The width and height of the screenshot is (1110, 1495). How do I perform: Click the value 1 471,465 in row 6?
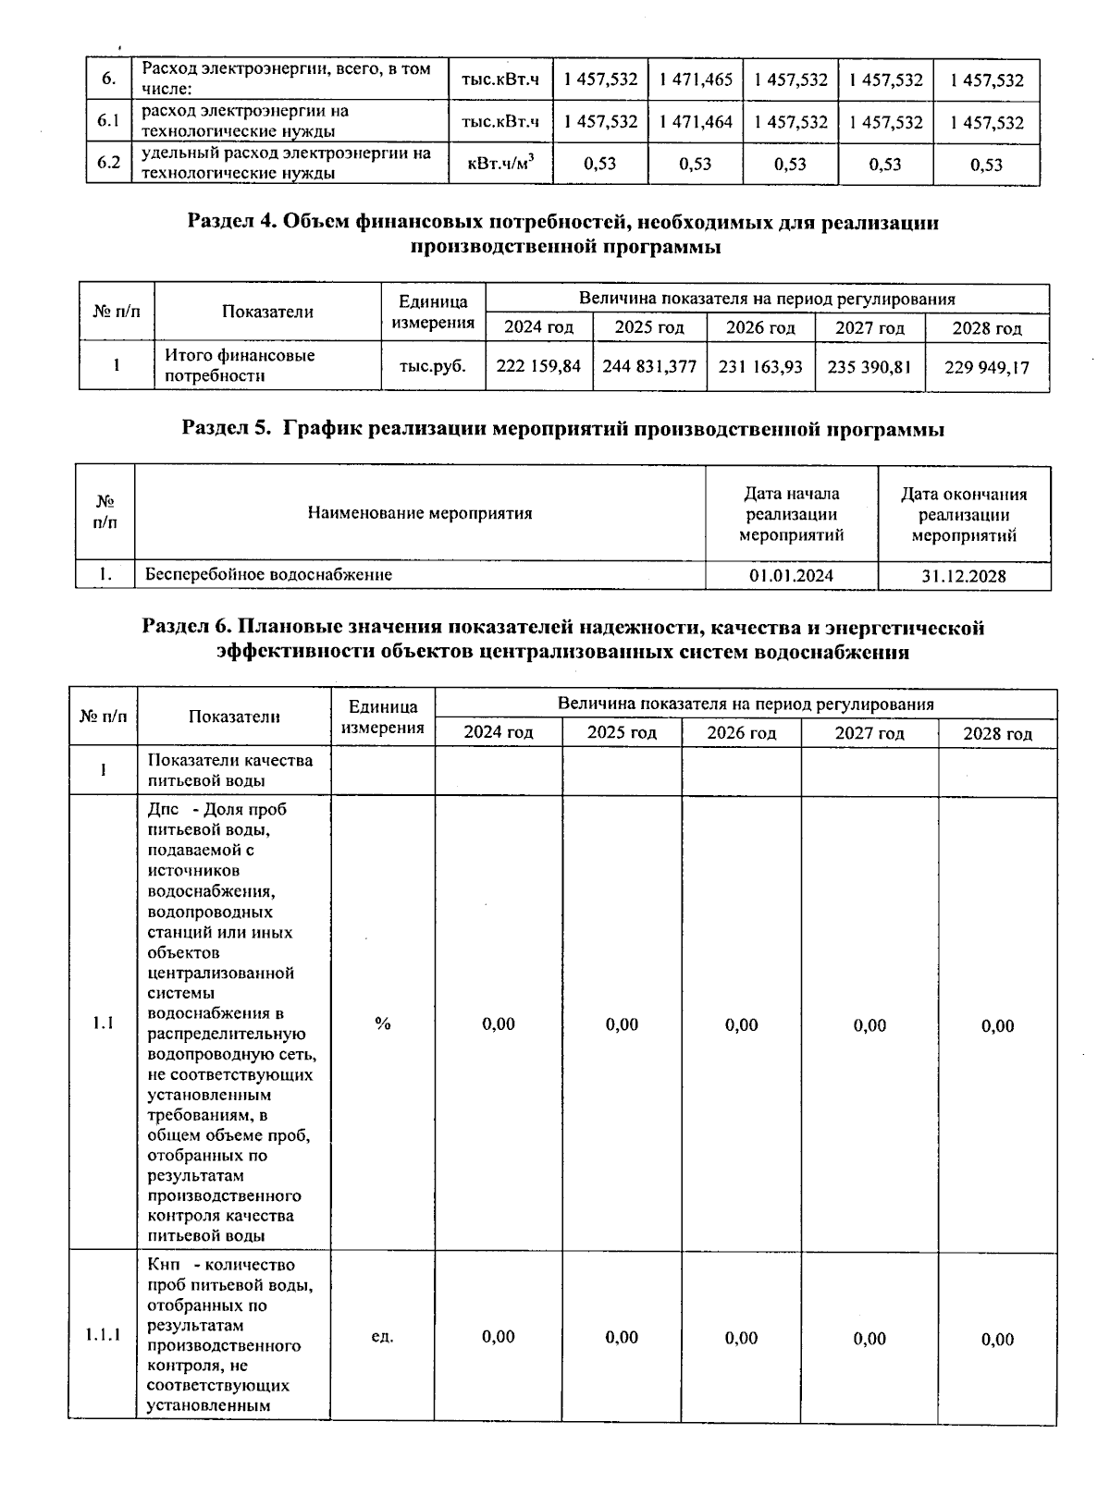point(696,80)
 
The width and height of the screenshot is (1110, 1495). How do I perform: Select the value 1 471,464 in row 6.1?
point(696,122)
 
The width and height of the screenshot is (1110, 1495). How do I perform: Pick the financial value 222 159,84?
point(538,366)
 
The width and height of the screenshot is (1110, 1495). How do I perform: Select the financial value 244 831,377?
point(649,366)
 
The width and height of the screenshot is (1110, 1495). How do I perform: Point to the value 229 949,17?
point(986,367)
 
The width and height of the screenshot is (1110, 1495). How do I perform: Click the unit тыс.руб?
point(433,366)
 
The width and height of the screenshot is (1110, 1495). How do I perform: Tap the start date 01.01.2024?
point(791,575)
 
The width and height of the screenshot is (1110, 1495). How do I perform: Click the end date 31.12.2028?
point(964,576)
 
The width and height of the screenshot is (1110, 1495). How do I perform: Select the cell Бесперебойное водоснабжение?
point(268,574)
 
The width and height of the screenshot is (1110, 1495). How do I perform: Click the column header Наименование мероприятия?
point(420,513)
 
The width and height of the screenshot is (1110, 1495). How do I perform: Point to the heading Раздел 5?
point(562,429)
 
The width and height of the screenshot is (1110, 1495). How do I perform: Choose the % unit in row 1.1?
point(382,1023)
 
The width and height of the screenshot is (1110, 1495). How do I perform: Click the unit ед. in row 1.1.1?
point(382,1337)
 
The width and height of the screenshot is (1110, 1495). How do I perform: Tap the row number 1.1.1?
point(103,1335)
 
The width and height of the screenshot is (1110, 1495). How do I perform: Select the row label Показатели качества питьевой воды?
point(230,770)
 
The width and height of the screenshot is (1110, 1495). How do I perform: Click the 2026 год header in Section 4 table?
point(760,328)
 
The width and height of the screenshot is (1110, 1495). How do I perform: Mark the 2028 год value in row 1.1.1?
point(997,1339)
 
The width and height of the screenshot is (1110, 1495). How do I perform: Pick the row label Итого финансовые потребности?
point(240,365)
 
